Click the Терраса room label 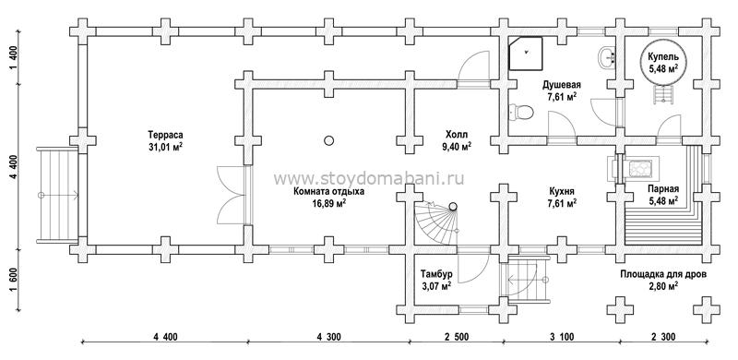[165, 133]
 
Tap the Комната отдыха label [329, 192]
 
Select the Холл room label [456, 133]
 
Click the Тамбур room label [437, 274]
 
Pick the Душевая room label [562, 85]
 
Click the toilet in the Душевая [521, 113]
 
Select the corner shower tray [526, 54]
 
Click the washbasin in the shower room [607, 58]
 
